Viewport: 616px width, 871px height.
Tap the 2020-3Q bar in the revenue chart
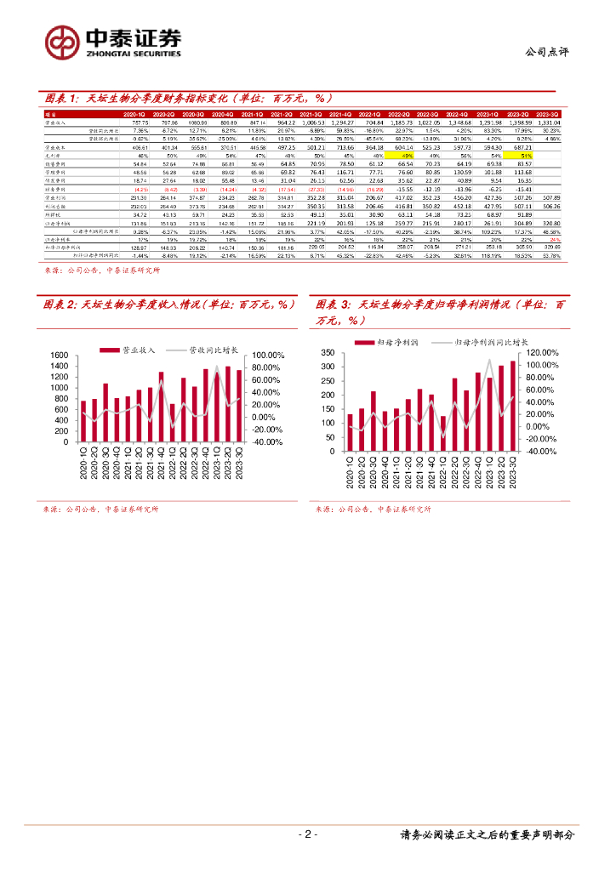click(x=105, y=413)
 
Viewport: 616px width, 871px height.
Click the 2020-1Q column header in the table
click(x=135, y=113)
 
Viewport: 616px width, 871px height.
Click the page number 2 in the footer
click(x=307, y=834)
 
